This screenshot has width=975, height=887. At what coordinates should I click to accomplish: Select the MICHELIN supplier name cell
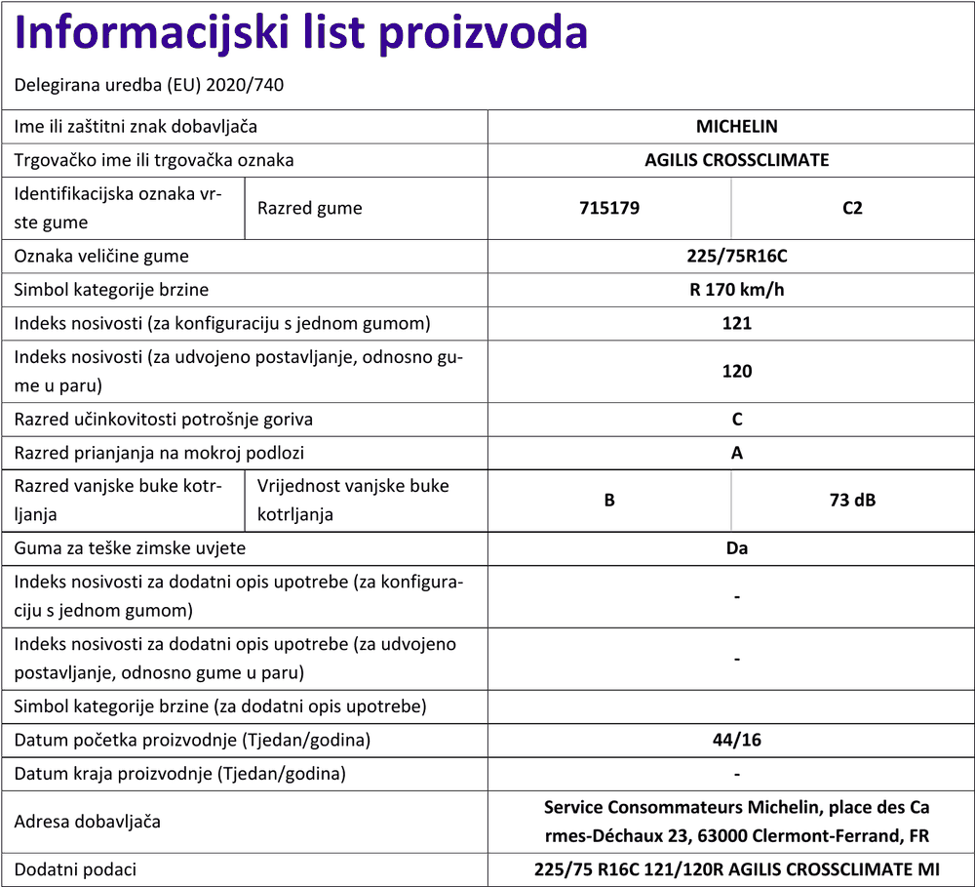click(736, 127)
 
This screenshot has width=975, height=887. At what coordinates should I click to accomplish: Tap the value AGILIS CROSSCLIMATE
click(736, 160)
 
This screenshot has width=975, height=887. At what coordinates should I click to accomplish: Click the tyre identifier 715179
click(608, 208)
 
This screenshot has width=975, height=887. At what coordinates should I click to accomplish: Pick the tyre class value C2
click(852, 208)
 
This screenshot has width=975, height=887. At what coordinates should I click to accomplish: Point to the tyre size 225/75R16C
click(736, 257)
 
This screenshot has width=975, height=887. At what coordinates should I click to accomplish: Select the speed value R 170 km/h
click(736, 290)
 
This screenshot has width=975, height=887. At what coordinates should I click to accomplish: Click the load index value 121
click(736, 323)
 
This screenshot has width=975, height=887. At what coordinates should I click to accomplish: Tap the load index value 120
click(736, 371)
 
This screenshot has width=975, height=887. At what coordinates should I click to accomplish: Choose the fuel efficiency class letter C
click(736, 420)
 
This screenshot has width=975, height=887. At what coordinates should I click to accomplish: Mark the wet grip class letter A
click(736, 453)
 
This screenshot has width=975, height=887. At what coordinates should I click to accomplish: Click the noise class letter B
click(608, 501)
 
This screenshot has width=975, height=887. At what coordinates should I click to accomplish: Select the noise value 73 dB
click(852, 501)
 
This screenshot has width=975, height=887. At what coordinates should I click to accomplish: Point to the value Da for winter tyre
click(736, 548)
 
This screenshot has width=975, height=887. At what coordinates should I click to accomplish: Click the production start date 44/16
click(736, 740)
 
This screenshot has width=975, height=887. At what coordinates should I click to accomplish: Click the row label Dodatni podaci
click(75, 869)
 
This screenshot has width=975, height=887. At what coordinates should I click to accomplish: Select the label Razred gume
click(309, 208)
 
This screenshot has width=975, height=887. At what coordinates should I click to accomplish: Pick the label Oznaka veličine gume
click(101, 257)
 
